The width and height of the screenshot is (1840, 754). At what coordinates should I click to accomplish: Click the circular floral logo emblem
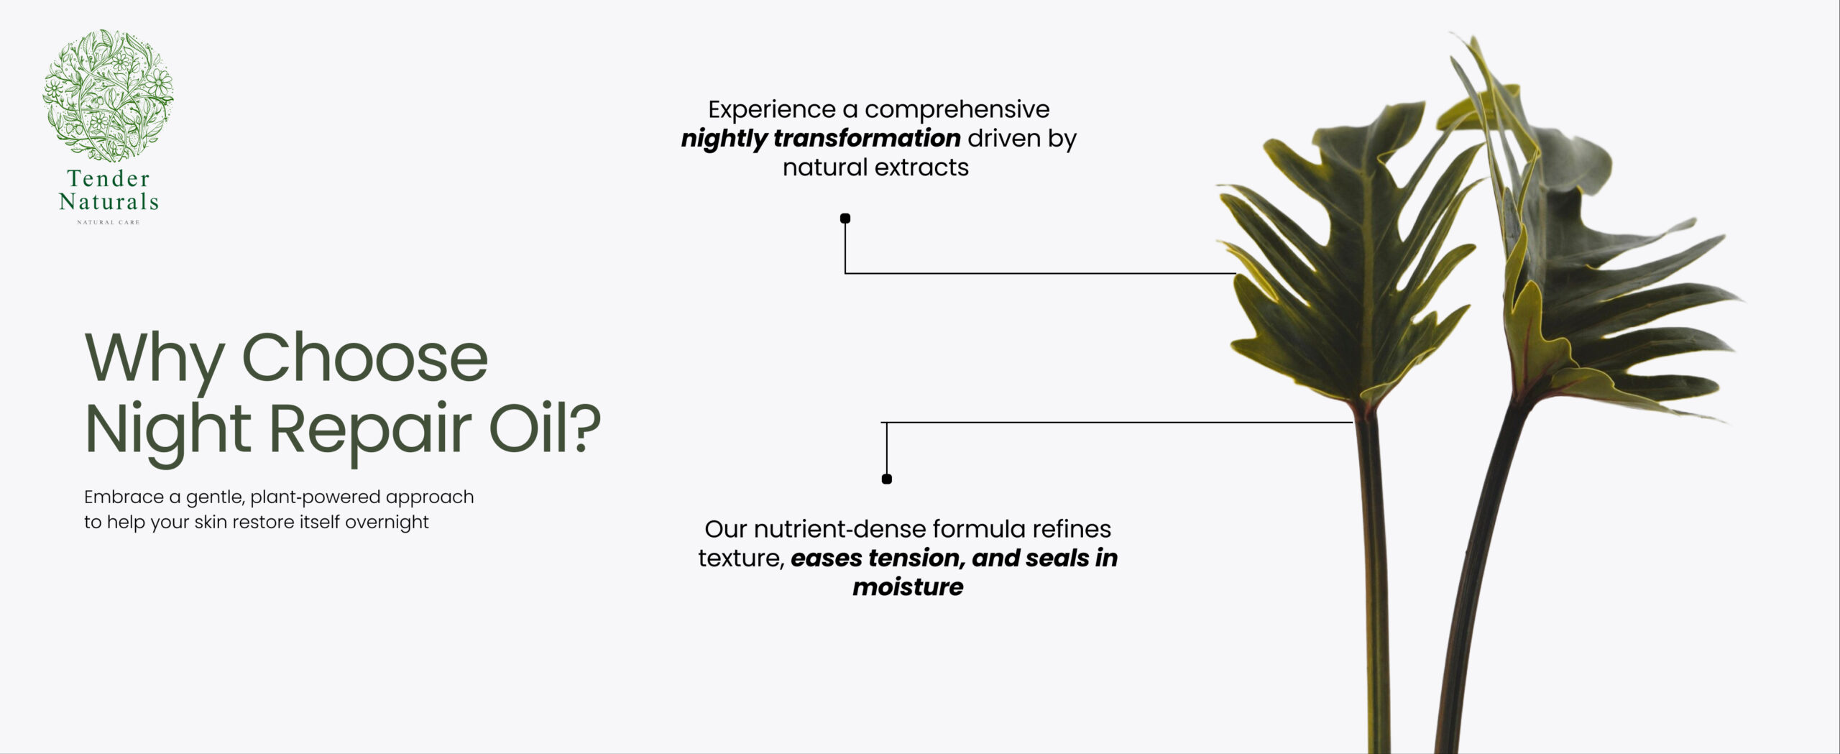point(108,95)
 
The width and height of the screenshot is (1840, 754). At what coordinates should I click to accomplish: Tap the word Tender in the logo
point(109,178)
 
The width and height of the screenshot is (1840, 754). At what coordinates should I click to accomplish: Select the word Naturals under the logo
point(109,201)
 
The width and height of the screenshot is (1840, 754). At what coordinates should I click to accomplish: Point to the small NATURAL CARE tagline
point(109,222)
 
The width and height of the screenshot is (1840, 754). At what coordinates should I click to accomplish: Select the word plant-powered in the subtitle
point(316,497)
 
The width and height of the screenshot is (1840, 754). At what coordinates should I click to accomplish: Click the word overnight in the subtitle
point(387,523)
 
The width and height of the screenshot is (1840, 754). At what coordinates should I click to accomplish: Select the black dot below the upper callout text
point(845,219)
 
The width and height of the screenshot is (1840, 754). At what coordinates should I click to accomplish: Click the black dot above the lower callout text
point(887,479)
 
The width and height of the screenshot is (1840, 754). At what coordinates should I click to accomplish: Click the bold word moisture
point(908,587)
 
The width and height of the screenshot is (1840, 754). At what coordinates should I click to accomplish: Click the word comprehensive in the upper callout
point(957,110)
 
